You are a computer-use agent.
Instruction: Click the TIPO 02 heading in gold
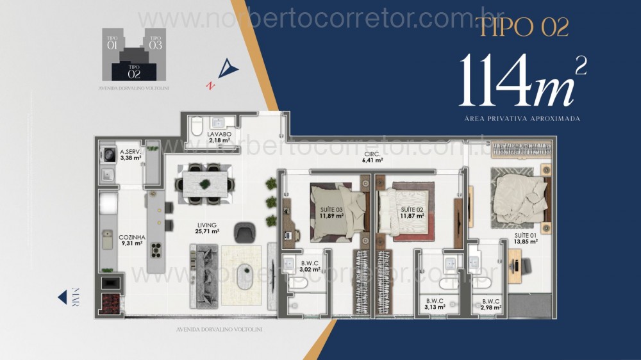522,27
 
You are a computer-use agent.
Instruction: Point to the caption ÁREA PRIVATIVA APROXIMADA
522,119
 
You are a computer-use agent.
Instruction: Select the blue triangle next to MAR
62,297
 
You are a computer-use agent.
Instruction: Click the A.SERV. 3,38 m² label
130,154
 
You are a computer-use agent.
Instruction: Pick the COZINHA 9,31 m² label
131,240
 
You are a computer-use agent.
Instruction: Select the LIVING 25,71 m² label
208,228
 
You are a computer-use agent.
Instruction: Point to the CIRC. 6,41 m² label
372,158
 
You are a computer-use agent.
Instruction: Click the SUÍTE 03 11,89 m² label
331,213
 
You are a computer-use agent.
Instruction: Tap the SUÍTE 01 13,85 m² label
524,238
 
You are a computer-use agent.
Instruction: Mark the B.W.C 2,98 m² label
490,304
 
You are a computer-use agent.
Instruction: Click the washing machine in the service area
108,154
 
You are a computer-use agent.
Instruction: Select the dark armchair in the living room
245,232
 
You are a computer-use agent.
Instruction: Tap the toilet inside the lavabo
197,124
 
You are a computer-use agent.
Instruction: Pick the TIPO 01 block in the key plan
112,43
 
